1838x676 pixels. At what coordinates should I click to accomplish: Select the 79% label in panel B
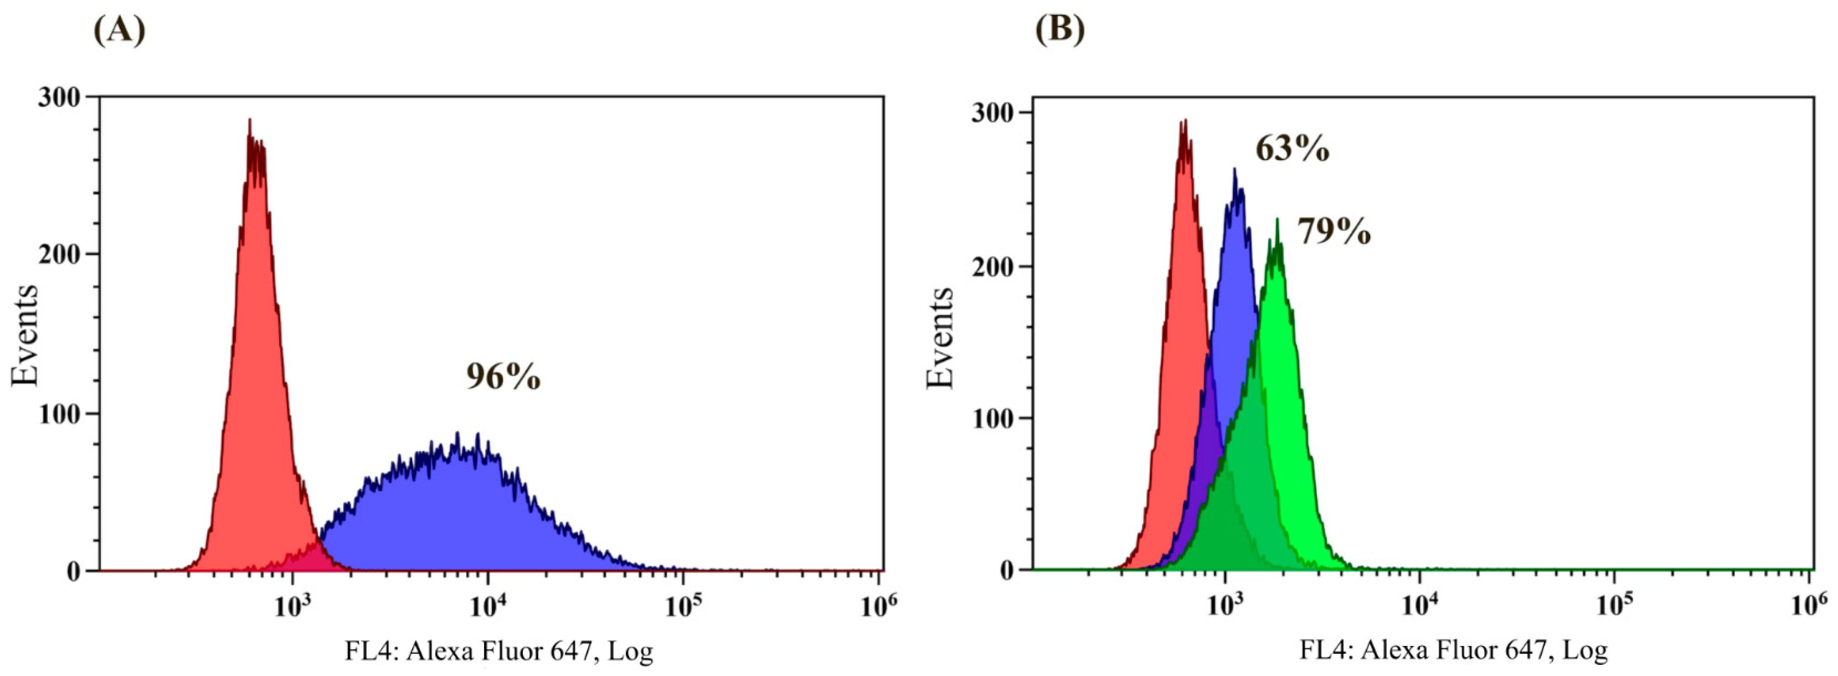click(1334, 232)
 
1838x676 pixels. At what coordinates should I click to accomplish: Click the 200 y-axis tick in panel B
click(993, 266)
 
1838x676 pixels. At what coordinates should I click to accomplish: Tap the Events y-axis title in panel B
click(940, 338)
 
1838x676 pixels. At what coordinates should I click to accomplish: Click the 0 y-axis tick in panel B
click(1007, 570)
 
